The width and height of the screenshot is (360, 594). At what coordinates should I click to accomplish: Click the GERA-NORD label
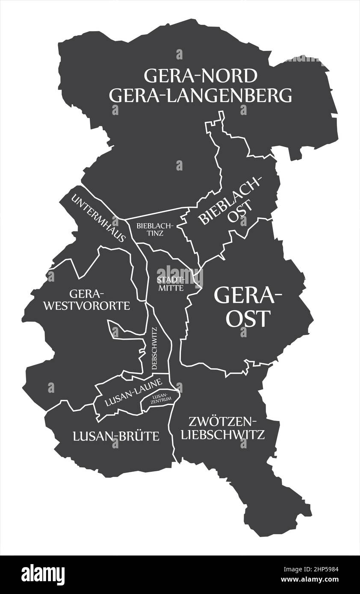[x=201, y=76]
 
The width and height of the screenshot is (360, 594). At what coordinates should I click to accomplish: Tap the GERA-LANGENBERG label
[x=201, y=96]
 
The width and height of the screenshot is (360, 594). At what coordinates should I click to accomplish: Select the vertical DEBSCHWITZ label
[x=155, y=348]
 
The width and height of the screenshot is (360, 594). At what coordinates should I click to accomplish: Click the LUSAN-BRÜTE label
[x=116, y=436]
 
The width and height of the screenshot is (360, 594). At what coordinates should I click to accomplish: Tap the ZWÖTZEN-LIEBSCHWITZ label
[x=223, y=428]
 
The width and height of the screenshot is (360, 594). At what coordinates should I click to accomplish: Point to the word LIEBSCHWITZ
[x=223, y=435]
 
